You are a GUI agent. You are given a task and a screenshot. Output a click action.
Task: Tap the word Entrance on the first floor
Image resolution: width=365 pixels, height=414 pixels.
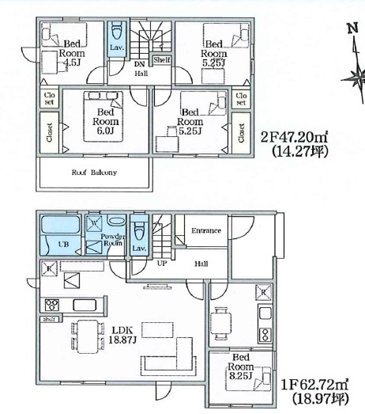(x=206, y=230)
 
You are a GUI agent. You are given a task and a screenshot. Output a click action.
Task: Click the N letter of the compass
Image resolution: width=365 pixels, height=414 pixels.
(x=352, y=30)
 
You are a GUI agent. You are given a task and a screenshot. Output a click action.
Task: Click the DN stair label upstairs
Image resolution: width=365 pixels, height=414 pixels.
(x=138, y=64)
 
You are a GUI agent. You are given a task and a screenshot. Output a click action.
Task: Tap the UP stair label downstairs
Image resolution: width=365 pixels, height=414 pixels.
(x=162, y=262)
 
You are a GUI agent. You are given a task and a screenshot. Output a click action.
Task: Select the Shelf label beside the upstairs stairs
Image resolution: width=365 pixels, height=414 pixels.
(x=160, y=59)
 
